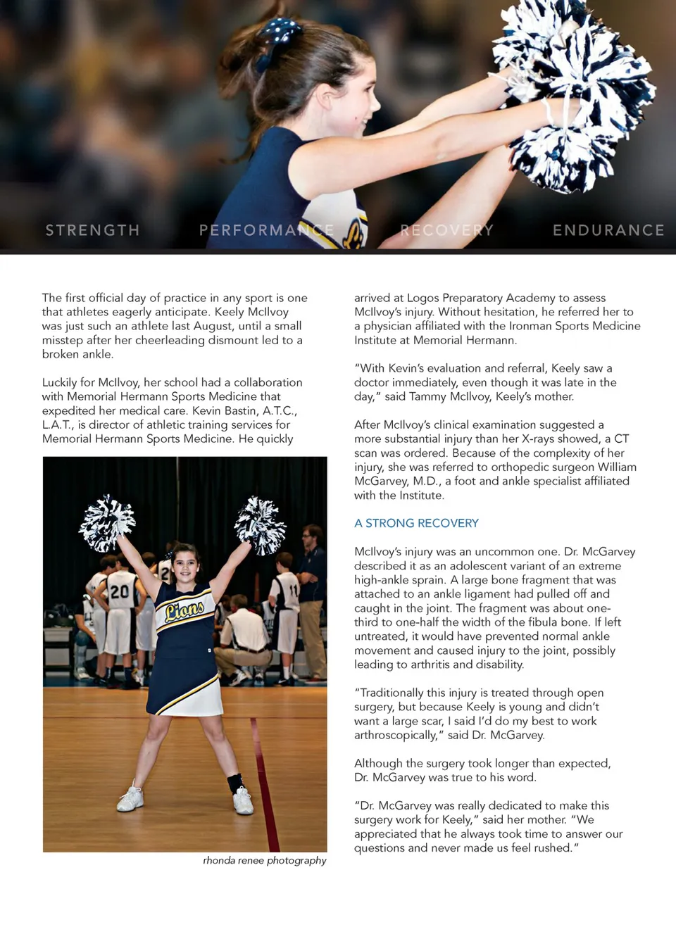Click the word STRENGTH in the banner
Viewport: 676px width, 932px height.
[92, 230]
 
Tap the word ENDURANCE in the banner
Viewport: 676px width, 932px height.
[608, 230]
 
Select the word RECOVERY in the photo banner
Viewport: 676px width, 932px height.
[446, 230]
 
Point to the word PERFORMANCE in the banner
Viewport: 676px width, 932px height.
[266, 230]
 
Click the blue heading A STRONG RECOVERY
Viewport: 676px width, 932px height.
[416, 523]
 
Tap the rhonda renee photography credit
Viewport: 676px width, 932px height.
[265, 860]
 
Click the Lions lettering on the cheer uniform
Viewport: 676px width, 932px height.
[184, 609]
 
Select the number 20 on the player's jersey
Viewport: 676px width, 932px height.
[119, 591]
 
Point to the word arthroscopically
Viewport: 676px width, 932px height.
[396, 735]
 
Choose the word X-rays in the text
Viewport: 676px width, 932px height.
[542, 439]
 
